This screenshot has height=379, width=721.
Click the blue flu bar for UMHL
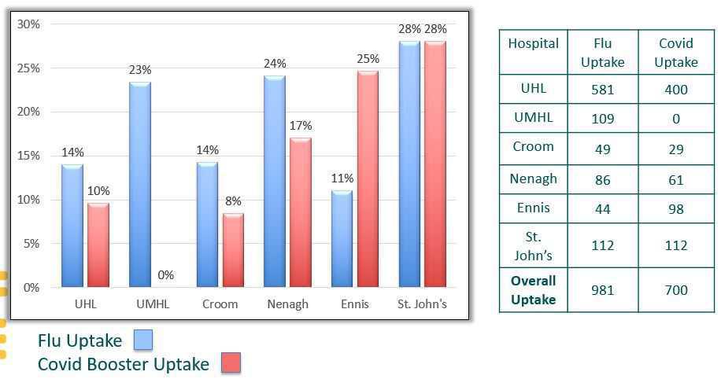click(140, 185)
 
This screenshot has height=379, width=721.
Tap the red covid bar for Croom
click(233, 250)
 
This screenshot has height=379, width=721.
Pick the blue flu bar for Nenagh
click(275, 182)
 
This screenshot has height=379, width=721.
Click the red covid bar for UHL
click(98, 245)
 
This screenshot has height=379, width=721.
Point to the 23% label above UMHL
click(140, 70)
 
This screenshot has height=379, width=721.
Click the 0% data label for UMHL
click(165, 275)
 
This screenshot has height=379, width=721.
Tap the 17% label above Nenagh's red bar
click(301, 126)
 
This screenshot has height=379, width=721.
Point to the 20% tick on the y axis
click(29, 112)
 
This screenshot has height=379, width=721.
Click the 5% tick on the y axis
click(31, 244)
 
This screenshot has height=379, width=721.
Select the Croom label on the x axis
click(220, 304)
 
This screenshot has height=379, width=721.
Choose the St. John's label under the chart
click(422, 304)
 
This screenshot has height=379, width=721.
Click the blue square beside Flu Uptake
click(142, 340)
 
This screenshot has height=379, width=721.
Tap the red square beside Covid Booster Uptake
click(230, 363)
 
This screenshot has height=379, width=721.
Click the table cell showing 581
click(602, 90)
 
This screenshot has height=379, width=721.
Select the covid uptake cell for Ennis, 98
click(675, 209)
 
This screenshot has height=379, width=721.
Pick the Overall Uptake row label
click(533, 290)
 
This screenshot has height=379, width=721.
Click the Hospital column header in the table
click(533, 44)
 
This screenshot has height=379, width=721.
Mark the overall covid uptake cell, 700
click(675, 290)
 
